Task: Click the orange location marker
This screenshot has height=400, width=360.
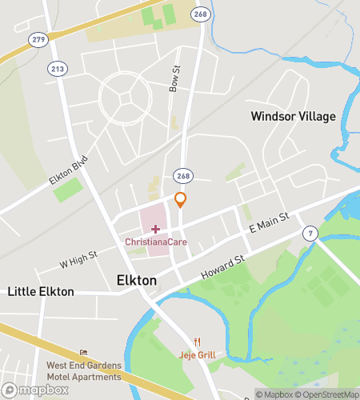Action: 181,200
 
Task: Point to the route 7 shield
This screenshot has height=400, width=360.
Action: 309,233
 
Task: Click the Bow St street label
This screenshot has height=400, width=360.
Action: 174,78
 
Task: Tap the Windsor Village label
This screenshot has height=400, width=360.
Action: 293,116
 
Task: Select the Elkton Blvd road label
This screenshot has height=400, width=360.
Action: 67,170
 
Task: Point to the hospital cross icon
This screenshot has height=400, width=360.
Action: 155,229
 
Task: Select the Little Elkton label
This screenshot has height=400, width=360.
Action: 40,292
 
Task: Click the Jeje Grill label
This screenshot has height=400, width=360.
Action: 196,354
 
